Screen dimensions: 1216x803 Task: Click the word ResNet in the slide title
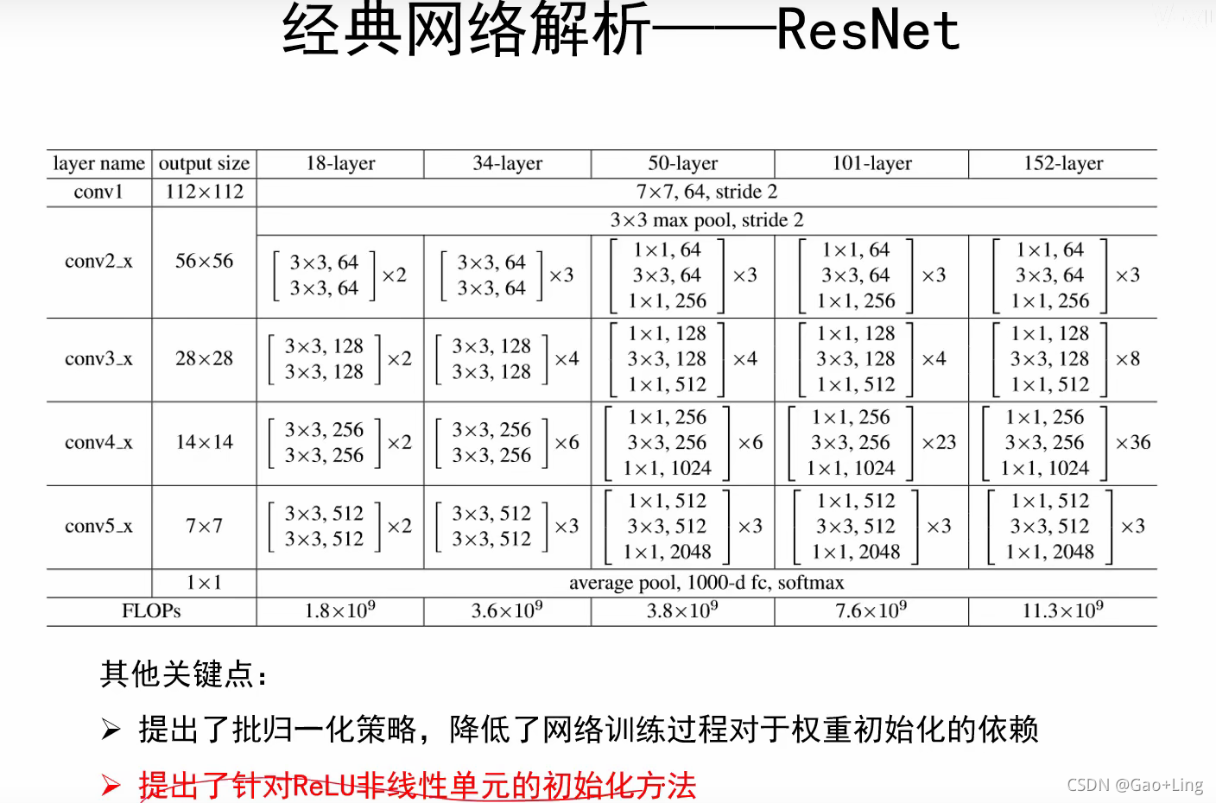[867, 31]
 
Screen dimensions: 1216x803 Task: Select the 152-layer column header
[1063, 163]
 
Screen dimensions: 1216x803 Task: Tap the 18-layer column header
[340, 163]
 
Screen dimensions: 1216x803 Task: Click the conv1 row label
[98, 192]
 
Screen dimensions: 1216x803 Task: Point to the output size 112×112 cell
[204, 192]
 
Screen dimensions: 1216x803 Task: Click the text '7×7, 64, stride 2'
[706, 192]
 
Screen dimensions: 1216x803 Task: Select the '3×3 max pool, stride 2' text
[706, 220]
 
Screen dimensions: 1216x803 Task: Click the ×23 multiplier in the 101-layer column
[939, 443]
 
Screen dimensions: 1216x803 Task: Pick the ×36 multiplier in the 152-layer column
[1133, 443]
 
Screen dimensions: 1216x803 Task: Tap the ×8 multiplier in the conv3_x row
[1128, 359]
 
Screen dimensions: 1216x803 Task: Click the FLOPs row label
[151, 611]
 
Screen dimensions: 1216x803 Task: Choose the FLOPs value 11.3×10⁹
[1062, 610]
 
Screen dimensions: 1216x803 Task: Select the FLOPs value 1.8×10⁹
[339, 610]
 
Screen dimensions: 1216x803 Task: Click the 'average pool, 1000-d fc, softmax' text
[706, 583]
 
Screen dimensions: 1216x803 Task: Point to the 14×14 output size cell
[204, 442]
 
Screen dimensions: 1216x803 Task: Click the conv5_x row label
[98, 526]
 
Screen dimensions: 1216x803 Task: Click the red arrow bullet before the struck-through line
[111, 785]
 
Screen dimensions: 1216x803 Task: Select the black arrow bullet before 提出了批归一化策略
[111, 730]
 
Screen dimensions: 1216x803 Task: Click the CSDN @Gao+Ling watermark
[1135, 785]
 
